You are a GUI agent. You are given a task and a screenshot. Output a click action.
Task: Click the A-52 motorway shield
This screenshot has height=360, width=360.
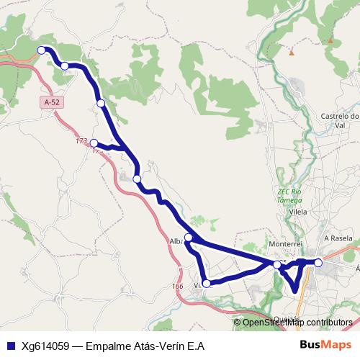click(x=50, y=103)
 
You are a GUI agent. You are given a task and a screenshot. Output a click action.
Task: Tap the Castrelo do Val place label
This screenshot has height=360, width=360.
click(x=339, y=120)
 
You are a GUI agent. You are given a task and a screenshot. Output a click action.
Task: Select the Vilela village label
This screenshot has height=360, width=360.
click(x=297, y=212)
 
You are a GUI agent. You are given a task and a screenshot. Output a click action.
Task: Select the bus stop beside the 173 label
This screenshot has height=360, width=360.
click(x=94, y=143)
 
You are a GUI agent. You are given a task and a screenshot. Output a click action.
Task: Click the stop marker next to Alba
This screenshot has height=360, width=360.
click(x=189, y=237)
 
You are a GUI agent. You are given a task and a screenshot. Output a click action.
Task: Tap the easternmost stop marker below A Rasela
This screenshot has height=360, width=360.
click(x=318, y=263)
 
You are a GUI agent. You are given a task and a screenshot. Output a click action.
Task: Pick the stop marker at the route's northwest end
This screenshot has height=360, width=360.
click(x=41, y=50)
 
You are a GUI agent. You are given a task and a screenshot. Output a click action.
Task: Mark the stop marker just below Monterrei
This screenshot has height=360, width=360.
click(x=278, y=265)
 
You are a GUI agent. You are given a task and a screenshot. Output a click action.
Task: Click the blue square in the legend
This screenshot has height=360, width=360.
click(x=9, y=346)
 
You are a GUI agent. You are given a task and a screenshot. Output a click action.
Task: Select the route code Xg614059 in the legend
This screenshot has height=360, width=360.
click(x=44, y=346)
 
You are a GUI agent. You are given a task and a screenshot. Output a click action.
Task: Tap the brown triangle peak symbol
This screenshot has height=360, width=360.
click(x=291, y=53)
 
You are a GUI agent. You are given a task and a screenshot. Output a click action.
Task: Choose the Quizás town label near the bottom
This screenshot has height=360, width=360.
click(x=287, y=318)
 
